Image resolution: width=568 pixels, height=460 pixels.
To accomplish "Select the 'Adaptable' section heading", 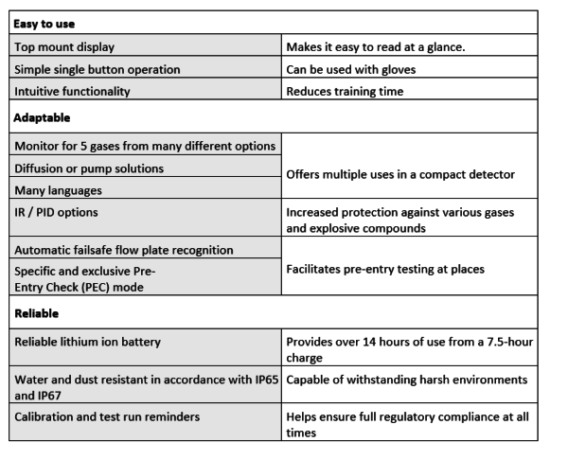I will [42, 118].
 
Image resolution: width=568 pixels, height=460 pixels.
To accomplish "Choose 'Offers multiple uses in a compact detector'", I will [401, 174].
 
